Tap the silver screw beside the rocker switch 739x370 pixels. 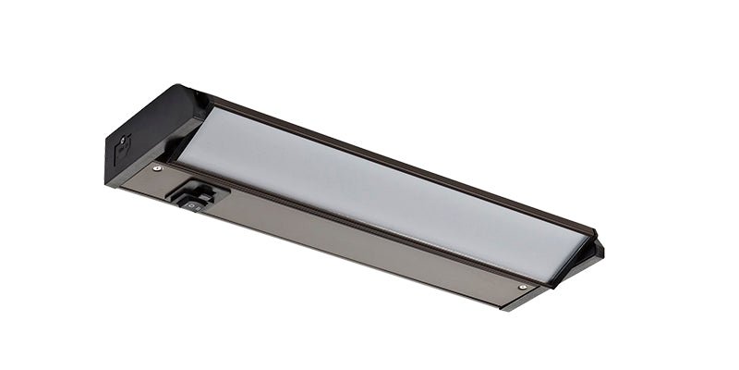(x=156, y=168)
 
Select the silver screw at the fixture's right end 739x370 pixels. (x=523, y=289)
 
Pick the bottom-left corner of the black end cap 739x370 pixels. (x=115, y=166)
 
